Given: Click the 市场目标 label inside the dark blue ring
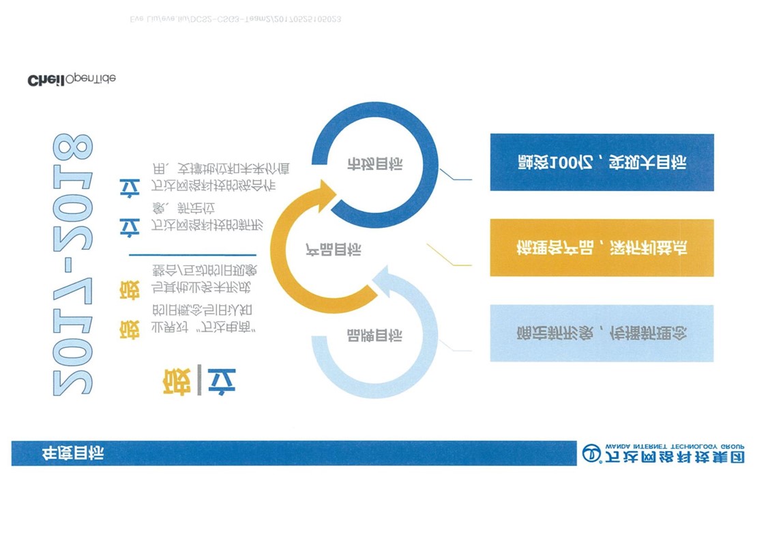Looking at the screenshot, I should (374, 164).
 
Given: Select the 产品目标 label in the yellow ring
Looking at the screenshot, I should (333, 250).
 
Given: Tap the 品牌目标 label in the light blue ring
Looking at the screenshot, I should (374, 336).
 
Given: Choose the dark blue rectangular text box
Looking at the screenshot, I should (602, 162).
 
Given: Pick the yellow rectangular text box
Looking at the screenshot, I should (602, 248).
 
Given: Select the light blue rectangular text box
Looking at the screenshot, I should (602, 334).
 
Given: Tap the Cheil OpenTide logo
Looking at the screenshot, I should (71, 80).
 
